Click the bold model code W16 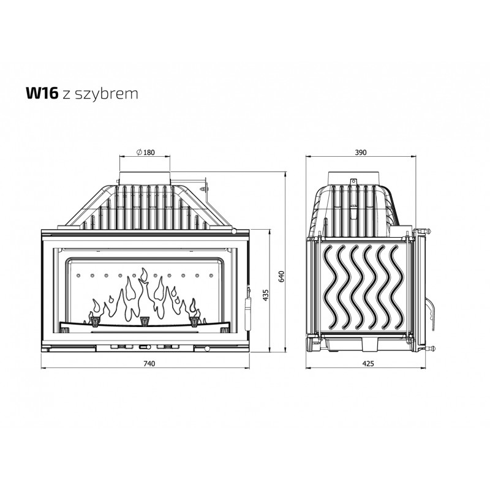point(42,93)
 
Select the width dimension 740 point(149,363)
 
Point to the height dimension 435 point(266,295)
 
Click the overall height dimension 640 point(282,277)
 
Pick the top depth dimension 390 point(360,153)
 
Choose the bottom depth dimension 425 point(368,363)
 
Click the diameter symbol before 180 point(140,153)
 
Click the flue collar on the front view point(145,178)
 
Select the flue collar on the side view point(354,178)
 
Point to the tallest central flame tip point(144,274)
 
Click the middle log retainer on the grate point(145,321)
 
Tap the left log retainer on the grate point(94,321)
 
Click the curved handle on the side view point(431,312)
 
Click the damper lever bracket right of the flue point(205,189)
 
